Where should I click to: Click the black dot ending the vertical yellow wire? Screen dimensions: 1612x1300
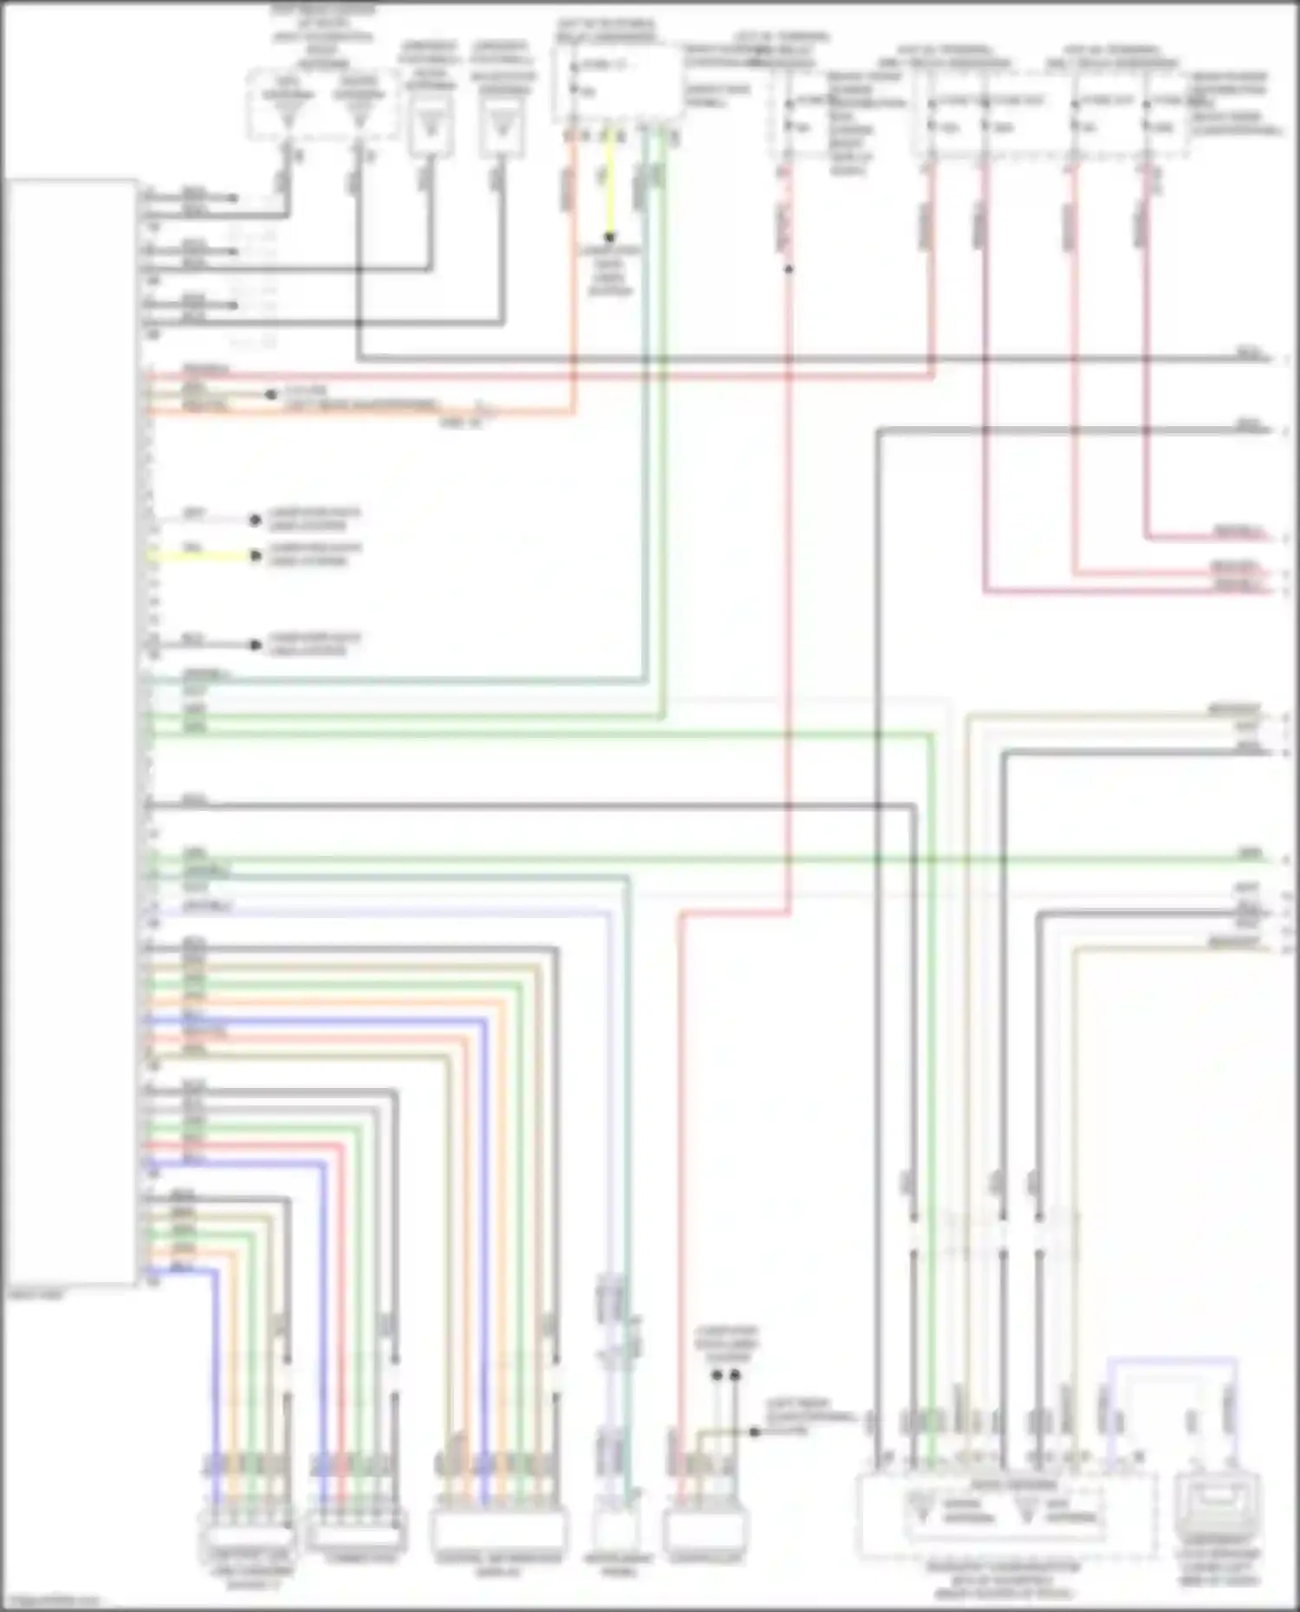click(x=609, y=236)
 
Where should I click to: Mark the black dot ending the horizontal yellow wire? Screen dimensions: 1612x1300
click(x=255, y=555)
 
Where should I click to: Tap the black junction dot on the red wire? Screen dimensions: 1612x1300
click(x=788, y=269)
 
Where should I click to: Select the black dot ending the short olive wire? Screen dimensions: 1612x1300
click(x=754, y=1432)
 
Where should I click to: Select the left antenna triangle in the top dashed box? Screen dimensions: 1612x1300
click(x=287, y=113)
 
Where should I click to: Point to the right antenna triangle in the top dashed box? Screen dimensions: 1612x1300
click(x=358, y=113)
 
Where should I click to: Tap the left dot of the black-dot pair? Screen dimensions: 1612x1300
click(x=718, y=1376)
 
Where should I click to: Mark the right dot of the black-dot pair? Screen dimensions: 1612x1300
click(x=735, y=1376)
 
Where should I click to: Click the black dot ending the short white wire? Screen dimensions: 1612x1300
click(x=255, y=520)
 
